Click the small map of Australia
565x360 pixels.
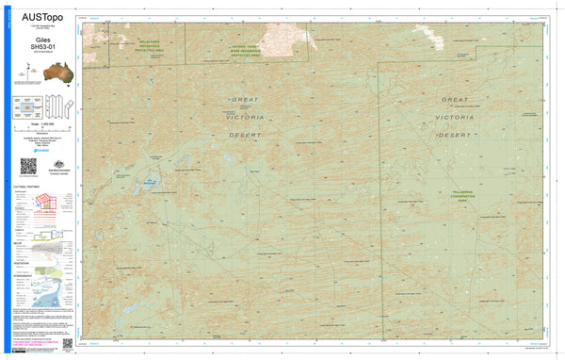tap(38, 73)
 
